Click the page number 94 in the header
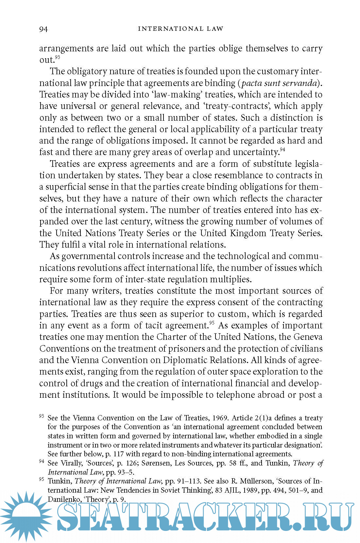coord(43,29)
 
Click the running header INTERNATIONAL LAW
coord(180,29)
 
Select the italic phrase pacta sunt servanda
coord(279,83)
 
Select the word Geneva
coord(308,337)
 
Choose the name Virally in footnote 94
coord(71,463)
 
